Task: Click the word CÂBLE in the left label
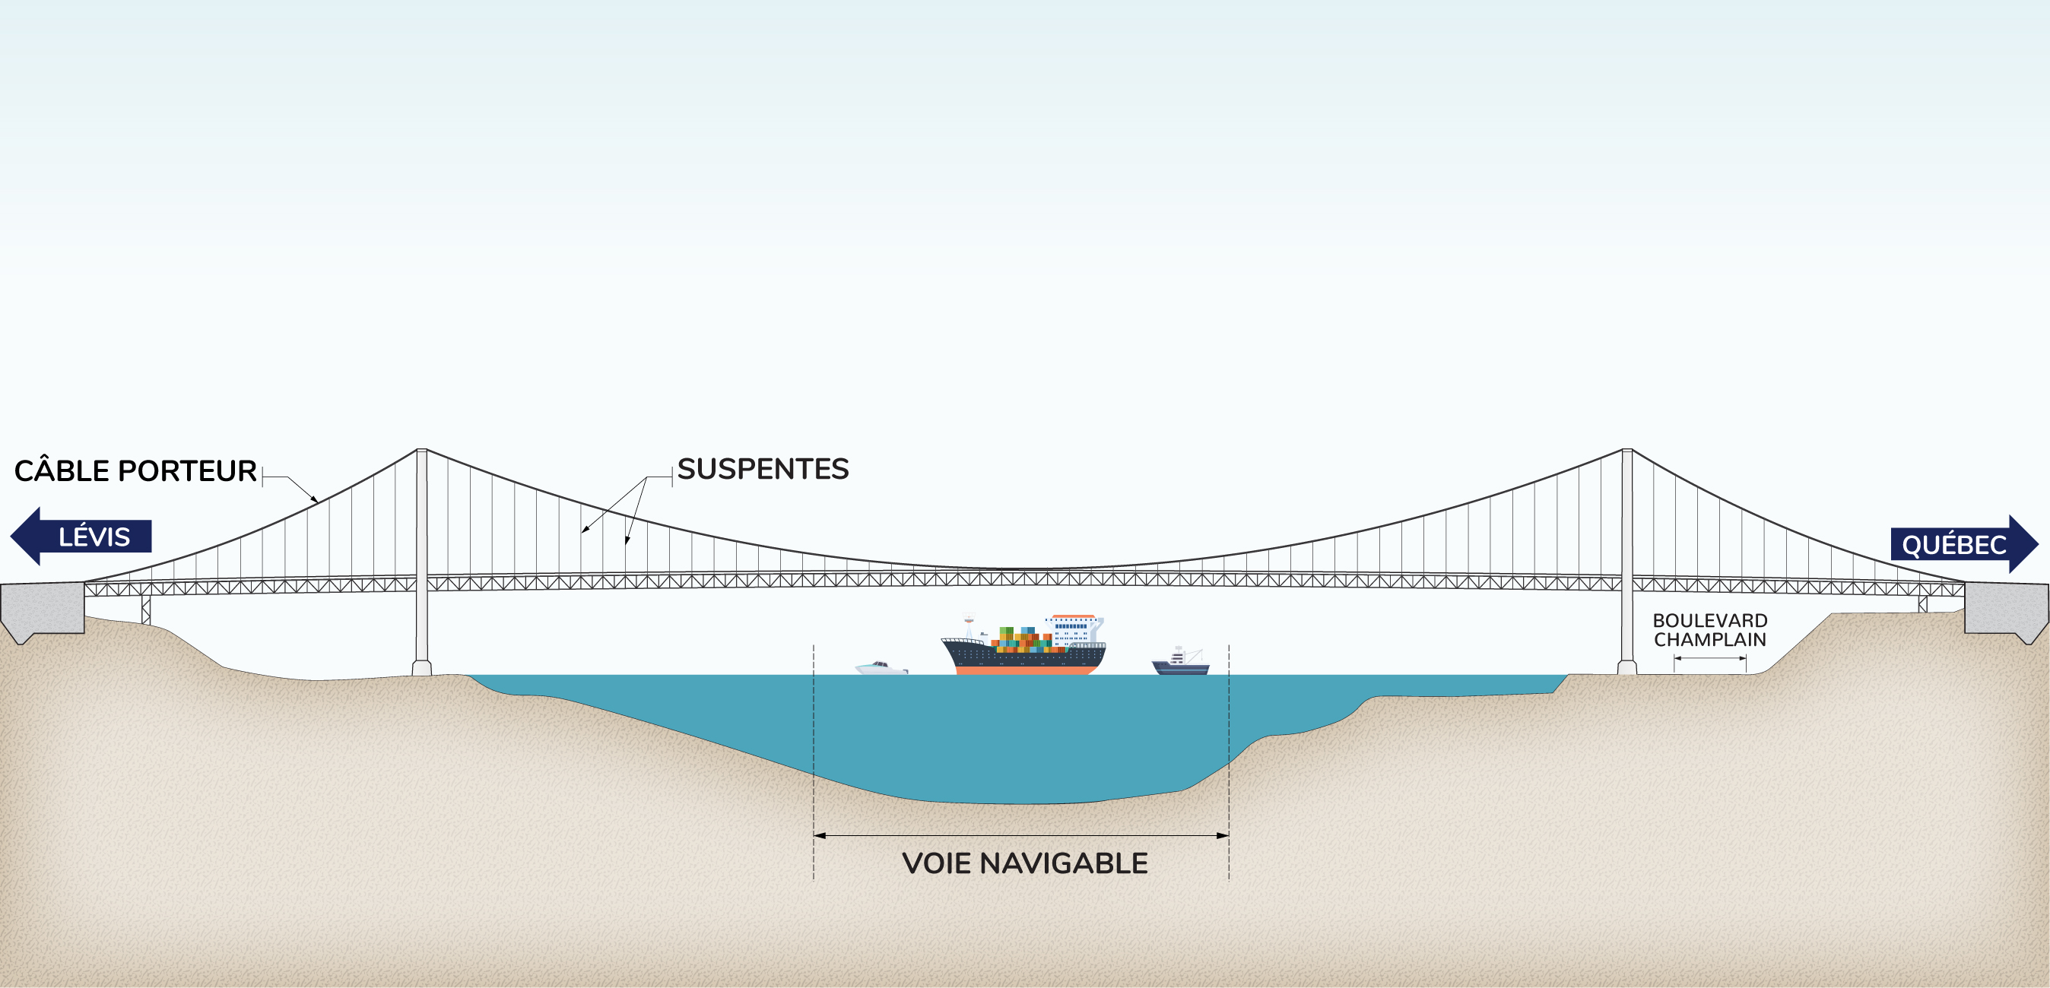pos(62,471)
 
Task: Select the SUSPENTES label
pos(763,470)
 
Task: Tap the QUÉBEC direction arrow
pos(1963,544)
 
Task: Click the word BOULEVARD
pos(1709,620)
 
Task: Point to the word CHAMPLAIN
pos(1709,640)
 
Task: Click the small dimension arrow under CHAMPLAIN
pos(1709,659)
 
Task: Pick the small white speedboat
pos(881,668)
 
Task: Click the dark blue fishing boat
pos(1180,665)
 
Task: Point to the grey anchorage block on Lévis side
pos(41,609)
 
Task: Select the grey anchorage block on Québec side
pos(2005,609)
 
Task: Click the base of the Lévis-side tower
pos(422,668)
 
